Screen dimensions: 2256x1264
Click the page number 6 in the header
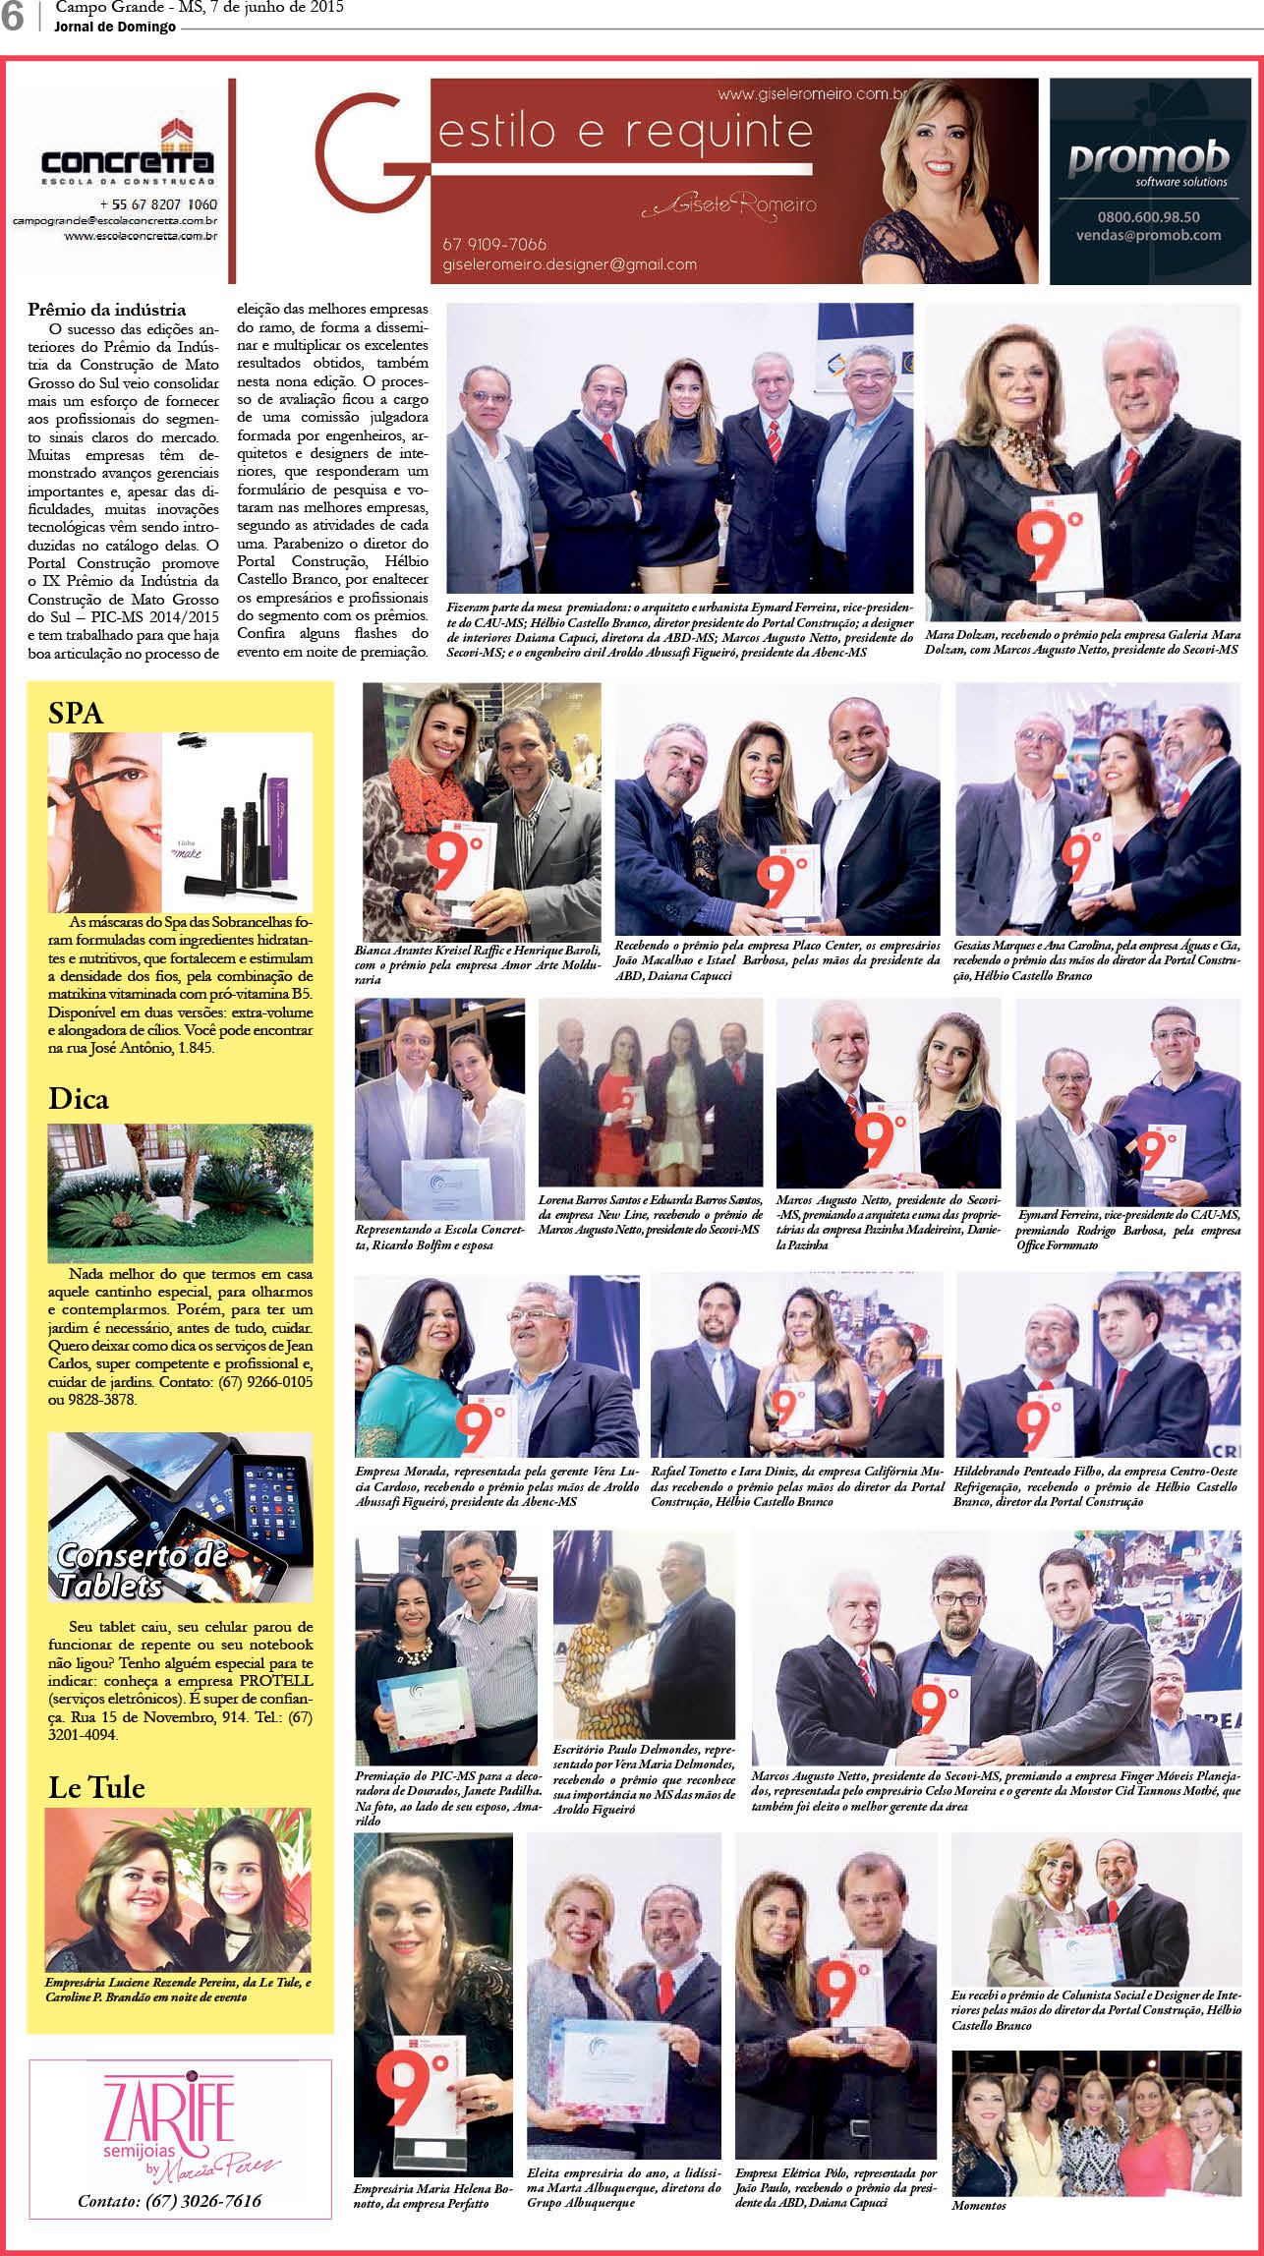pos(12,17)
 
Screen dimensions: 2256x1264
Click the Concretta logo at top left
pos(128,157)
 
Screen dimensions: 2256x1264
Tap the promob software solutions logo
pos(1148,162)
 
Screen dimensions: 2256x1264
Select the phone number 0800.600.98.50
pos(1148,217)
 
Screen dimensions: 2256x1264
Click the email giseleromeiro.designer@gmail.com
pos(569,264)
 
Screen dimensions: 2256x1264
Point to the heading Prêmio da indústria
pos(106,310)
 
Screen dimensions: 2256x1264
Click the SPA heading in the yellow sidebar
pos(76,713)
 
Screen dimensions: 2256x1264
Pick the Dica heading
pos(78,1099)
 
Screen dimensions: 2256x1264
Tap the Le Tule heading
pos(96,1787)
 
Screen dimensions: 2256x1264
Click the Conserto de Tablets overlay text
pos(143,1570)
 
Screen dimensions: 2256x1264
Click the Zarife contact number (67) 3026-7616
pos(169,2200)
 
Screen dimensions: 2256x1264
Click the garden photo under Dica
pos(180,1192)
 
